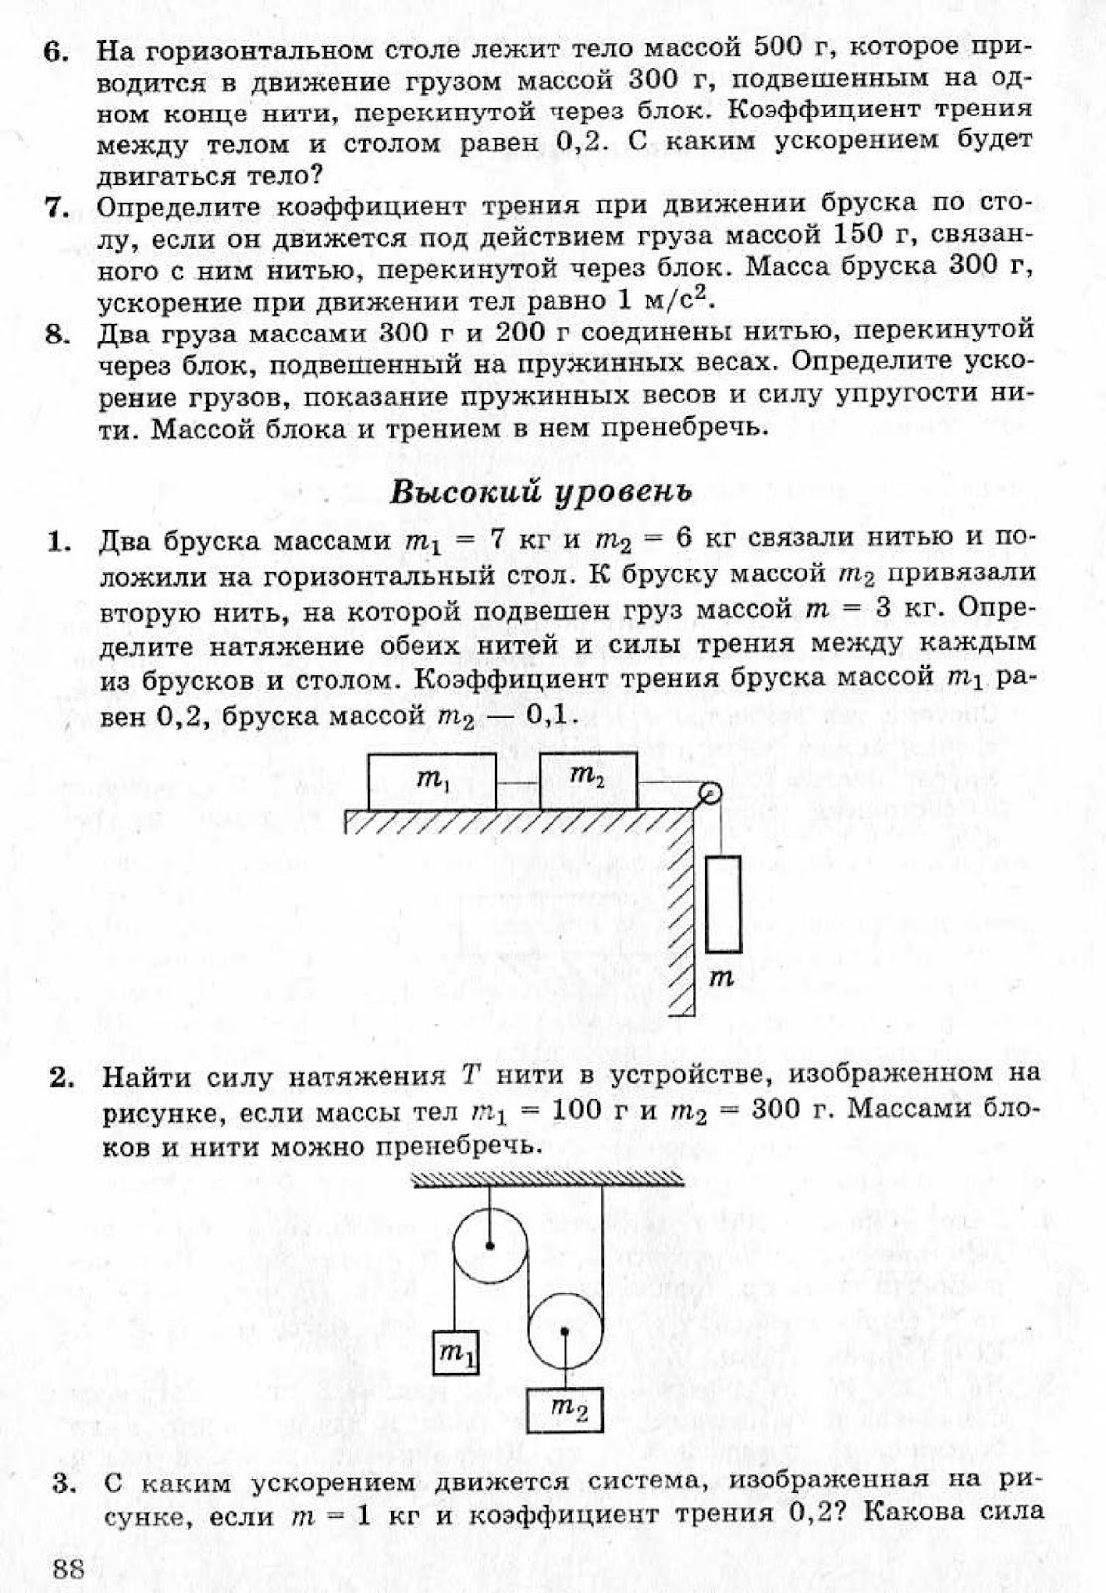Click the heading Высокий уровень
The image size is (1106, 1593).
(x=541, y=491)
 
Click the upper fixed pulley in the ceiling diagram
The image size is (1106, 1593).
(x=490, y=1244)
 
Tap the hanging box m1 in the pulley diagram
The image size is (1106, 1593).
(x=457, y=1352)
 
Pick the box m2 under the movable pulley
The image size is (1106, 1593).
(x=564, y=1408)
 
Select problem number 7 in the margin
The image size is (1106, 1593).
(x=56, y=208)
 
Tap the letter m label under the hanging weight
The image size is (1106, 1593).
(x=722, y=979)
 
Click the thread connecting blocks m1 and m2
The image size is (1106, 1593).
(x=517, y=784)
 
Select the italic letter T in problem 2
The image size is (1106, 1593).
(x=471, y=1076)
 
